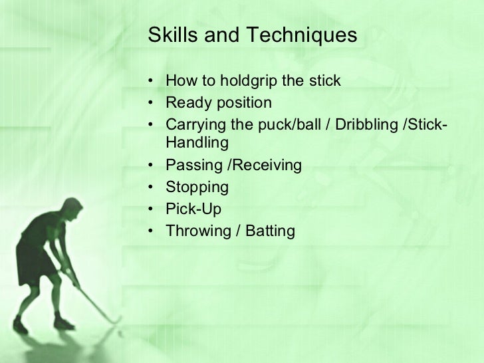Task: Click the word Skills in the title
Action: pyautogui.click(x=168, y=34)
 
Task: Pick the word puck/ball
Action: pyautogui.click(x=289, y=124)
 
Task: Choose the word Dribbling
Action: pyautogui.click(x=365, y=124)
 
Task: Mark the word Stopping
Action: pyautogui.click(x=197, y=187)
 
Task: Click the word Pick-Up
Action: pyautogui.click(x=193, y=209)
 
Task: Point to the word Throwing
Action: pyautogui.click(x=194, y=230)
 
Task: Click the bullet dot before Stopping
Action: pyautogui.click(x=152, y=187)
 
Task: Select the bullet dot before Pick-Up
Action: pyautogui.click(x=152, y=209)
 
